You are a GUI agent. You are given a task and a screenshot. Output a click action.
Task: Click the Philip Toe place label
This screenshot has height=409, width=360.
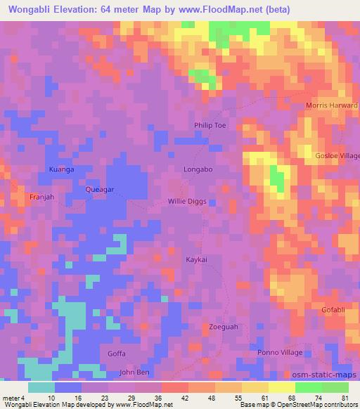point(210,125)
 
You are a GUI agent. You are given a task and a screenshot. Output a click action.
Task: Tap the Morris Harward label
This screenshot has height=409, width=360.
point(331,105)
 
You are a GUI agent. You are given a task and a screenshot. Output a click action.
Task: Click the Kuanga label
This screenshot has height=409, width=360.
point(61,170)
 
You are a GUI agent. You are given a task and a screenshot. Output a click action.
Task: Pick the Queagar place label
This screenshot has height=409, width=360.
point(99,190)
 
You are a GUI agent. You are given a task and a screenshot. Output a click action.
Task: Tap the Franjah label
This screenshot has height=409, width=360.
point(42,197)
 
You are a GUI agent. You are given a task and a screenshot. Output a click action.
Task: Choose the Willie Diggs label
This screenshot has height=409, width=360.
point(188,202)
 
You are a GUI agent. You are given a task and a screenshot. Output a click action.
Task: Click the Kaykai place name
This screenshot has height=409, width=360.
point(195,259)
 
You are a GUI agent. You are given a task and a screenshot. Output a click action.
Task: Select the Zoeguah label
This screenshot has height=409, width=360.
point(224,327)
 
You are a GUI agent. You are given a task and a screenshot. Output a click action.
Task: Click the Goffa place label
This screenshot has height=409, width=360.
point(117,354)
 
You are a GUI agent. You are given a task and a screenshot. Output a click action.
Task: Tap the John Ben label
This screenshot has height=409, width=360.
point(134,372)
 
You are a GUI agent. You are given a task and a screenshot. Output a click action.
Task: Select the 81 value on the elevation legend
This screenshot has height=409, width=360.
point(344,398)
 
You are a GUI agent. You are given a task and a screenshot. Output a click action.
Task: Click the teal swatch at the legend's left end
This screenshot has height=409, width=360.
point(41,387)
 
